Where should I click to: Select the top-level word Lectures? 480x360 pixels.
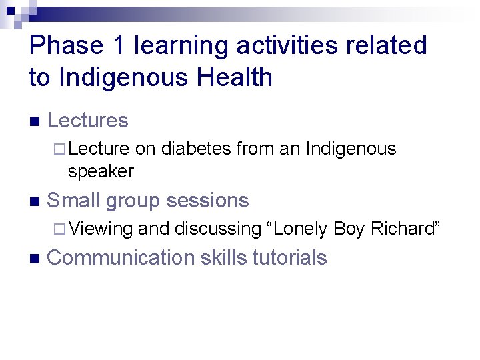[x=88, y=121]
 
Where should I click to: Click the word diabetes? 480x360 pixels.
[x=196, y=148]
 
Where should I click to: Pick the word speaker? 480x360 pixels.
[x=101, y=171]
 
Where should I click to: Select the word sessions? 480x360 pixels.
[x=208, y=201]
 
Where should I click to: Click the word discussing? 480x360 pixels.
[x=217, y=229]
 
